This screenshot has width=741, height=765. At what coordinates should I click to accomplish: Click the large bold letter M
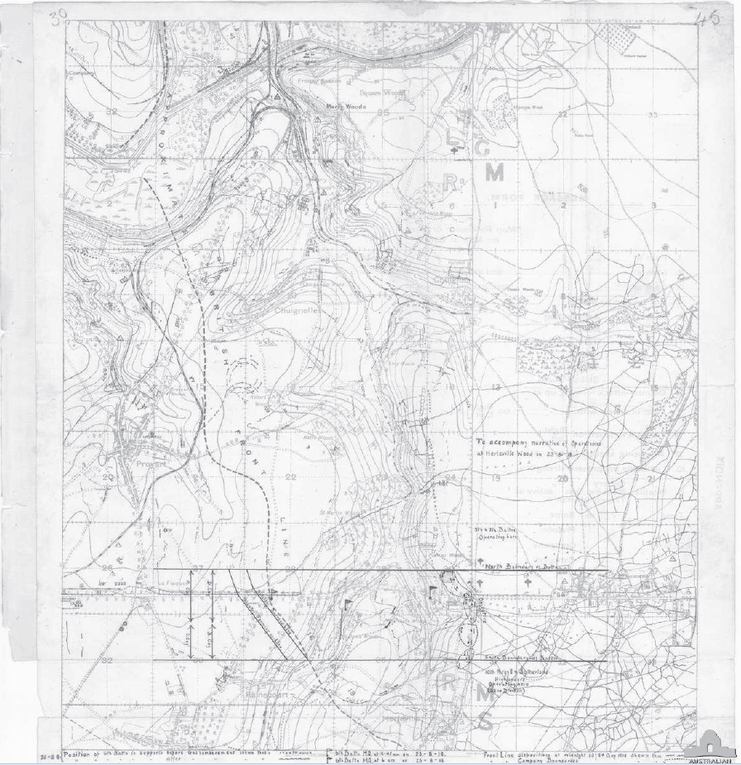[x=494, y=172]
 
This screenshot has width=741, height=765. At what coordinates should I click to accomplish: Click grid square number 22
[x=291, y=477]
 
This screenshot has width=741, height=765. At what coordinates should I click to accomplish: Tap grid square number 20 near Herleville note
[x=562, y=478]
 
